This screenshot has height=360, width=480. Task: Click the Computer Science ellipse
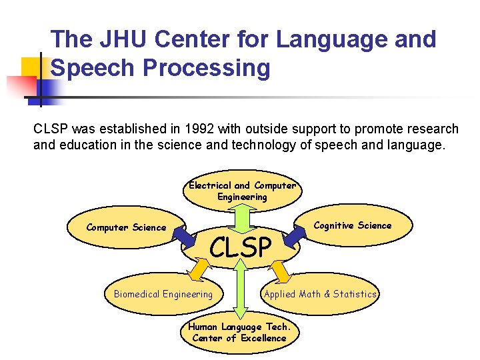coord(127,228)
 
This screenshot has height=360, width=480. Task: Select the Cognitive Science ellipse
coord(353,225)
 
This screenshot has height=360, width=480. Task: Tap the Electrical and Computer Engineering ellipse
coord(242,191)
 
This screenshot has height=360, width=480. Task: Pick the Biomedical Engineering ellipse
coord(163,294)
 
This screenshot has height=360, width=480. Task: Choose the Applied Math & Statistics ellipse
coord(321,294)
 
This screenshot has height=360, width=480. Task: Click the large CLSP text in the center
coord(241,247)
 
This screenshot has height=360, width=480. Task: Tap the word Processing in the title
coord(201,67)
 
